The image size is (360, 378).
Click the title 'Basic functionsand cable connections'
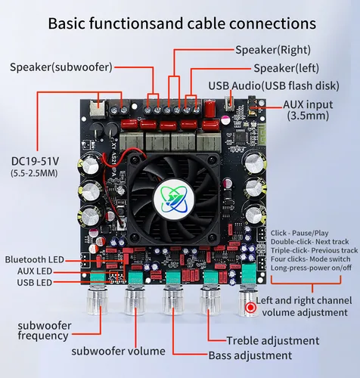180,23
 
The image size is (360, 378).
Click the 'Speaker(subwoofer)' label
61,67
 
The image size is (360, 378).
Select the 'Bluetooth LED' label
41,259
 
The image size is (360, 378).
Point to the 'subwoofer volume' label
119,351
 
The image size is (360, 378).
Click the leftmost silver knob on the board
99,302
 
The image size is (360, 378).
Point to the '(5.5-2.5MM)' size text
33,175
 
